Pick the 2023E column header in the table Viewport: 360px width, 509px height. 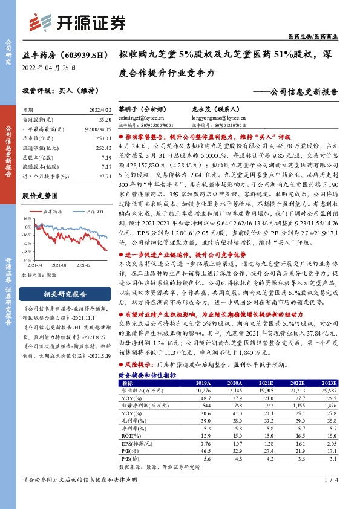328,383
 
